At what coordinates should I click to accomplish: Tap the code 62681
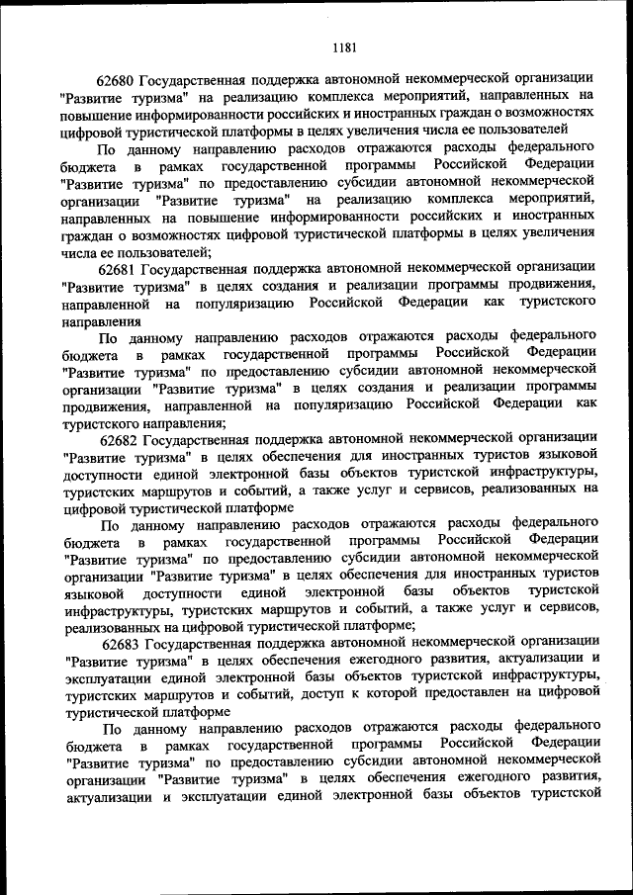pyautogui.click(x=118, y=267)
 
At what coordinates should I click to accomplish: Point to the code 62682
pyautogui.click(x=118, y=438)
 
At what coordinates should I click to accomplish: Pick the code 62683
pyautogui.click(x=118, y=644)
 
